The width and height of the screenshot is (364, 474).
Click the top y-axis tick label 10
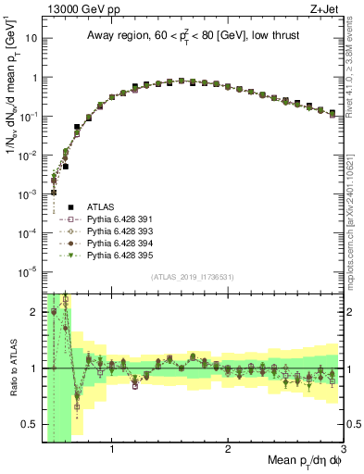(x=32, y=40)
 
